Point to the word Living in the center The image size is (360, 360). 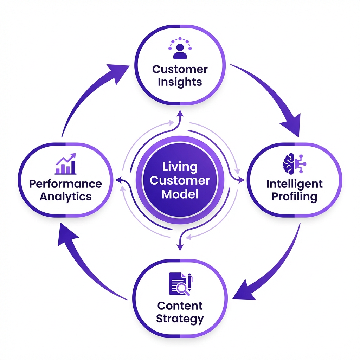tap(180, 167)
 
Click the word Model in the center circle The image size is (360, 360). tap(180, 194)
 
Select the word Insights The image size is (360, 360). tap(180, 82)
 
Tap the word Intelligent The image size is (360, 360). tap(294, 184)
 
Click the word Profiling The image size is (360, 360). tap(294, 197)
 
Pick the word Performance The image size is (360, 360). tap(66, 184)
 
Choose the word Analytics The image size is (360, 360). tap(66, 197)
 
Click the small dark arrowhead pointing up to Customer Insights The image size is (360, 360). tap(180, 113)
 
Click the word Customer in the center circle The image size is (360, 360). tap(180, 180)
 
